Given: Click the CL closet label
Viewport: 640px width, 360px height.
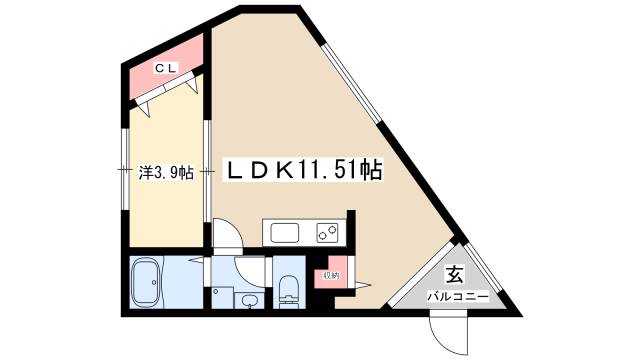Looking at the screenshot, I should click(x=166, y=67).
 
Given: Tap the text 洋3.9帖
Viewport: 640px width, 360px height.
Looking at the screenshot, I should click(x=164, y=171).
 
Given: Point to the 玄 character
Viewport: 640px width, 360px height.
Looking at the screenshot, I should click(x=452, y=275).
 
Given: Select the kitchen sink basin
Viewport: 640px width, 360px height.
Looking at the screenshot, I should click(x=283, y=234).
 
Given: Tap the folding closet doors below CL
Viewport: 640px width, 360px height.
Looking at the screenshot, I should click(x=165, y=94).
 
